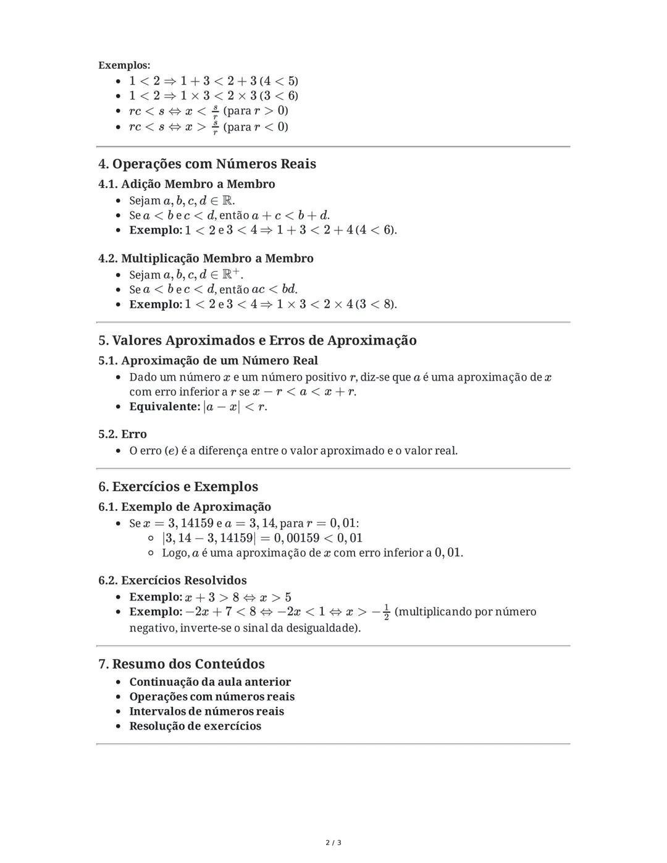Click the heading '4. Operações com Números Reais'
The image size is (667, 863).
pyautogui.click(x=207, y=164)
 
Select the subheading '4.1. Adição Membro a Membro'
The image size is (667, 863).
pyautogui.click(x=187, y=184)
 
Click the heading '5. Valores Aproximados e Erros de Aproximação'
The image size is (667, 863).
pyautogui.click(x=257, y=340)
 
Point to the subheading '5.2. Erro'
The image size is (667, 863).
pyautogui.click(x=122, y=434)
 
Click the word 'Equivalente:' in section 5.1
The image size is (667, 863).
pyautogui.click(x=164, y=406)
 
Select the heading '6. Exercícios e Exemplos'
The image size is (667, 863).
pyautogui.click(x=178, y=487)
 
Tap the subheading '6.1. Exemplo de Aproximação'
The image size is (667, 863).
pyautogui.click(x=185, y=507)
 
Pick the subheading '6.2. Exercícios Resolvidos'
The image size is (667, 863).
pyautogui.click(x=172, y=580)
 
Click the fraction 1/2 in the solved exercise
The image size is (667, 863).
pyautogui.click(x=386, y=612)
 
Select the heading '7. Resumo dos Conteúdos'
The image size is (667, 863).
pyautogui.click(x=182, y=664)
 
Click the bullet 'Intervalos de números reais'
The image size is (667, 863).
pyautogui.click(x=206, y=711)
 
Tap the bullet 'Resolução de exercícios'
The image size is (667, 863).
pyautogui.click(x=195, y=726)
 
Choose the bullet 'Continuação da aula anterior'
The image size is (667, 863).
pyautogui.click(x=209, y=682)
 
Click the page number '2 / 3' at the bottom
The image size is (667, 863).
pyautogui.click(x=333, y=843)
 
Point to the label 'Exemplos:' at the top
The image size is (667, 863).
pyautogui.click(x=124, y=65)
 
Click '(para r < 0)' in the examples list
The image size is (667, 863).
pyautogui.click(x=256, y=127)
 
